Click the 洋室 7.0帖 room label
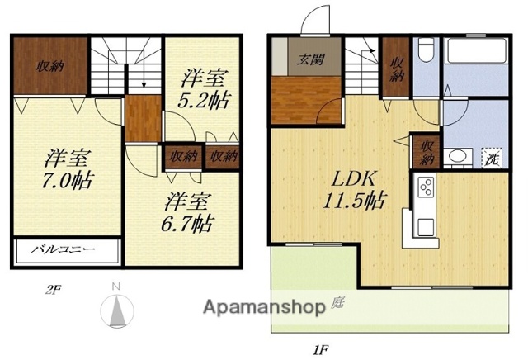pyautogui.click(x=68, y=168)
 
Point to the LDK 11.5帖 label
pyautogui.click(x=355, y=187)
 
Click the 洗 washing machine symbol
pyautogui.click(x=491, y=159)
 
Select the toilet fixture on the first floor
pyautogui.click(x=424, y=52)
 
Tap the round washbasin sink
pyautogui.click(x=456, y=157)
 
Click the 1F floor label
pyautogui.click(x=322, y=349)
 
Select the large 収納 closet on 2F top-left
pyautogui.click(x=48, y=66)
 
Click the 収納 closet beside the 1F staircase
pyautogui.click(x=397, y=69)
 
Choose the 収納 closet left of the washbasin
pyautogui.click(x=427, y=153)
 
